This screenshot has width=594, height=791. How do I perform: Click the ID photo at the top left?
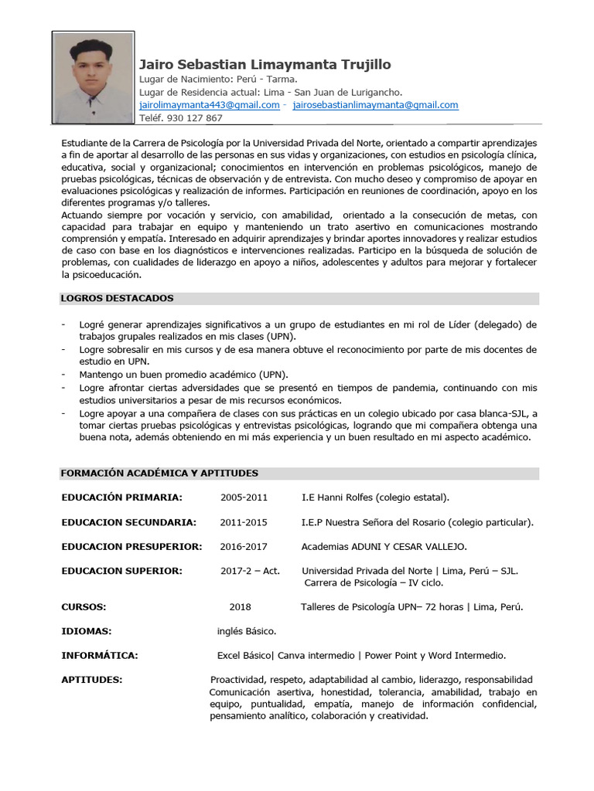point(93,77)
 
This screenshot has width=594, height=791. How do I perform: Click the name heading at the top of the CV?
point(265,64)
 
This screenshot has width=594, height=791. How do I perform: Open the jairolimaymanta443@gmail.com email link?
point(209,105)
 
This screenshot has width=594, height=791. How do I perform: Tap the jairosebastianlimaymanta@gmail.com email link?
point(375,105)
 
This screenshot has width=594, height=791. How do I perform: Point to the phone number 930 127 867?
point(180,118)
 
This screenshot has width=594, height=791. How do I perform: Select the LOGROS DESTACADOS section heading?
point(118,298)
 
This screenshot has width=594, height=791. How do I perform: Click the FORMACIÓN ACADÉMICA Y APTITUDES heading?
point(159,473)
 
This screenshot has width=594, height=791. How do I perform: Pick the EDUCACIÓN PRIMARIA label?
point(121,497)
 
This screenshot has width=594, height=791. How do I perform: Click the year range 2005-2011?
point(244,497)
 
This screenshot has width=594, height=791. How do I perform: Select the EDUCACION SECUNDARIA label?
point(128,522)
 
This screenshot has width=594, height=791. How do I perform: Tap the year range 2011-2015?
point(244,522)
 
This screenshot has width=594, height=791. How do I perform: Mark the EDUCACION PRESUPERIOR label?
point(131,547)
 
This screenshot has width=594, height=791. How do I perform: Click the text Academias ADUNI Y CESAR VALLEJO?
point(384,547)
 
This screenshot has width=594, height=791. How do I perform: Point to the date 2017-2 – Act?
point(250,571)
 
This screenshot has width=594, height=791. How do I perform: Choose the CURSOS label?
point(84,607)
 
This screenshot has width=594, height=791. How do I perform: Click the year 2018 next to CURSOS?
point(240,607)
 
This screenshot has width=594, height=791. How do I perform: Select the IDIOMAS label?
point(87,631)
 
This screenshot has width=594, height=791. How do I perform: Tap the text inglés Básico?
point(247,631)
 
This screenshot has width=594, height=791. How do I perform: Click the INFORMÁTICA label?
point(100,656)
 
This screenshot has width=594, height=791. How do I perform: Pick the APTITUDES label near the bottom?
point(92,680)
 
